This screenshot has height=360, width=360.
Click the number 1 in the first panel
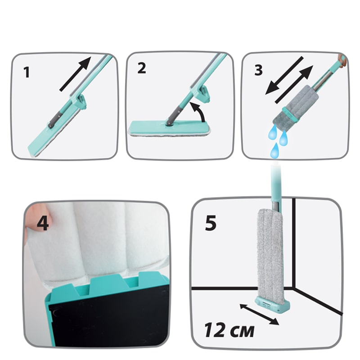point(27,72)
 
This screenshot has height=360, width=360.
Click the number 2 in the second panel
point(142,68)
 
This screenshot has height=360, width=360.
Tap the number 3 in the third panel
point(258,70)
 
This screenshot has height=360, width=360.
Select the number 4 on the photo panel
point(43,223)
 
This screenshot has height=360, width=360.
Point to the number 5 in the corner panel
point(211,223)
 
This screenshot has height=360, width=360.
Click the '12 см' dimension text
point(229,330)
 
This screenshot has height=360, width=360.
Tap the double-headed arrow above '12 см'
point(259,315)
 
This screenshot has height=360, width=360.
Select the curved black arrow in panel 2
point(198,112)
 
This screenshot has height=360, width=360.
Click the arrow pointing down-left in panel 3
point(284,76)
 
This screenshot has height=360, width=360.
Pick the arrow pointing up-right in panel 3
point(294,84)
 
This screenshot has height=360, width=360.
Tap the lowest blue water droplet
point(274,150)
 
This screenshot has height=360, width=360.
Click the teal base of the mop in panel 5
point(272,304)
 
